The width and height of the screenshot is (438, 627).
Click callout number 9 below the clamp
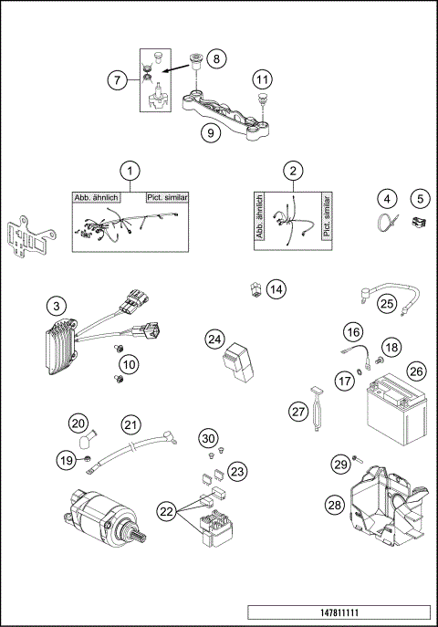211,132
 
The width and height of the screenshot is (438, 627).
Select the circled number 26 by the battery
416,371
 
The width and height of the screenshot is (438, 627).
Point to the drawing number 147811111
337,611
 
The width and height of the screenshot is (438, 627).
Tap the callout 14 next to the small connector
276,289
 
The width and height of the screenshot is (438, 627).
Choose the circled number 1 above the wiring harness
131,171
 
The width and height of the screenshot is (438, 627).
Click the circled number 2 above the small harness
293,171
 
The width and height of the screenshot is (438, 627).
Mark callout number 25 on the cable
387,304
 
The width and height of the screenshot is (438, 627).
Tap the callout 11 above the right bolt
262,79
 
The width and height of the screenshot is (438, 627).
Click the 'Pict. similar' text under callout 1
165,197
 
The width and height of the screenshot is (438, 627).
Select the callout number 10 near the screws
130,364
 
